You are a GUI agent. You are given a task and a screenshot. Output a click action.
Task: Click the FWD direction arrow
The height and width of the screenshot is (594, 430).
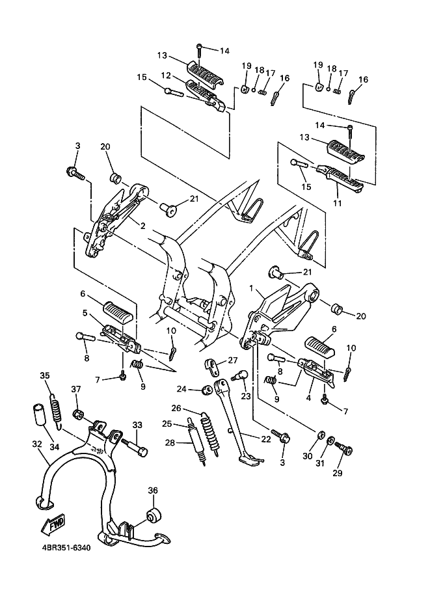coord(53,524)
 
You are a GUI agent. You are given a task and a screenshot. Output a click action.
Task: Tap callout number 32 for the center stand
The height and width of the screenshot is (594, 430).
coord(36,444)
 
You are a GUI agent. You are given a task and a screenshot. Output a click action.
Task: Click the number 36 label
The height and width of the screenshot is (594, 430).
coord(153,490)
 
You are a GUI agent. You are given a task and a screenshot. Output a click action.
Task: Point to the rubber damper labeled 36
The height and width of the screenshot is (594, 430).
coord(154,515)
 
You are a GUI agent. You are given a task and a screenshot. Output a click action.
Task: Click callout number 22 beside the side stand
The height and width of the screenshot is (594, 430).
coord(266,439)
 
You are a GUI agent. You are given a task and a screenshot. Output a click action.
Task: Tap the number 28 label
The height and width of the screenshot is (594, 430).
coord(170,442)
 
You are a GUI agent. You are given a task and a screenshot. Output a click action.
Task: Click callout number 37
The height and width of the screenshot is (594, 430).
coord(76,389)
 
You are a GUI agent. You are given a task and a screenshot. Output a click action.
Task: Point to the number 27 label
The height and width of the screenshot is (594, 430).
coord(232,360)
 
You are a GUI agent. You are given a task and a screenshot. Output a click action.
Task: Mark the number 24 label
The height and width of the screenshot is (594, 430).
coord(181,389)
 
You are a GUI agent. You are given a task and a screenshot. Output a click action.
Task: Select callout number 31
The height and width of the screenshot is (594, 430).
coord(321,463)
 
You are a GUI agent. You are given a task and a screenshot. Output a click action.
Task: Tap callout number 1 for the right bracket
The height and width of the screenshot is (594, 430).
coord(251,288)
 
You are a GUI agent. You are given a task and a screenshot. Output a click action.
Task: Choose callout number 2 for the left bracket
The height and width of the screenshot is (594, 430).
coord(143,226)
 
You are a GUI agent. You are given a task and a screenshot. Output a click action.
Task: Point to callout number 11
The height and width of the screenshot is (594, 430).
coord(337,204)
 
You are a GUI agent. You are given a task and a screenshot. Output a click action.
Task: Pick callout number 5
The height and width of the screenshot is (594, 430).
coord(85,313)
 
